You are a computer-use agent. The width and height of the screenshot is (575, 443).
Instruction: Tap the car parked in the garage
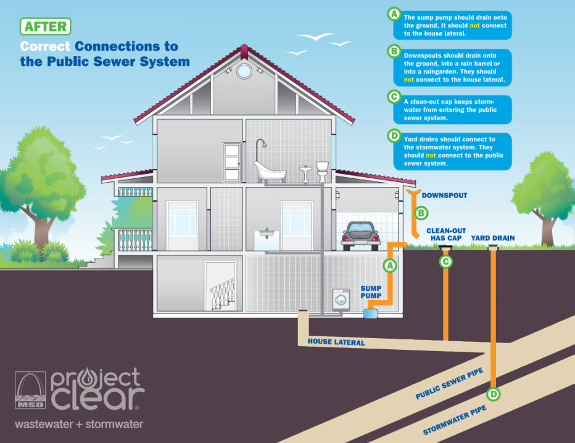[360, 235]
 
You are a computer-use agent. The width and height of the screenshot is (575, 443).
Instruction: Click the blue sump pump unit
[371, 313]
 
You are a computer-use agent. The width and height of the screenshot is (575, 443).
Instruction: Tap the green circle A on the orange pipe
[389, 266]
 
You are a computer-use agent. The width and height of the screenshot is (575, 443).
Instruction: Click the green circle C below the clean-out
[445, 261]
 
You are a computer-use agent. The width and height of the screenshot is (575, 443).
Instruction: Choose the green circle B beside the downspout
[421, 213]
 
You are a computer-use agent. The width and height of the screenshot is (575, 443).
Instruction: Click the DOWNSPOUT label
[444, 196]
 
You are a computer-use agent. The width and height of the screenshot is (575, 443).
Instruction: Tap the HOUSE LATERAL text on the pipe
[336, 342]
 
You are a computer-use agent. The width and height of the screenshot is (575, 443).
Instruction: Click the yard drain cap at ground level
[492, 248]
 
